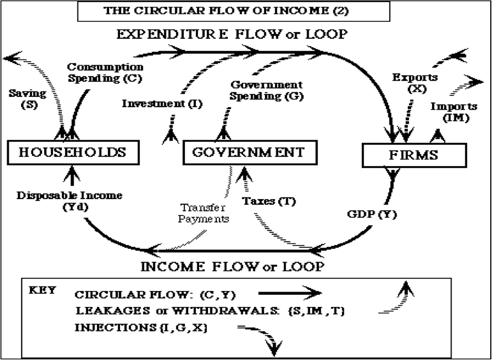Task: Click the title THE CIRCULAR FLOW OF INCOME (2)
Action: [232, 11]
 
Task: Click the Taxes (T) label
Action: [267, 200]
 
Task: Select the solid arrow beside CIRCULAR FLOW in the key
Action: [288, 294]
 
